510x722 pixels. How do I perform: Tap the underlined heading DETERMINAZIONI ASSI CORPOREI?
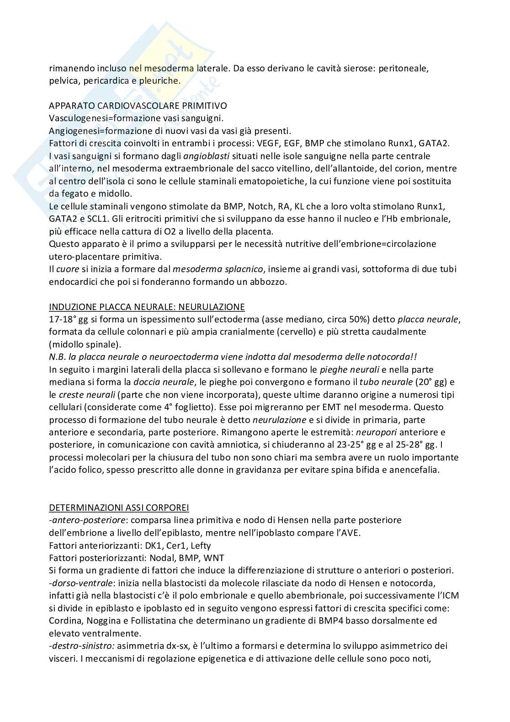119,508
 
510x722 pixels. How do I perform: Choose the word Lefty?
201,546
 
